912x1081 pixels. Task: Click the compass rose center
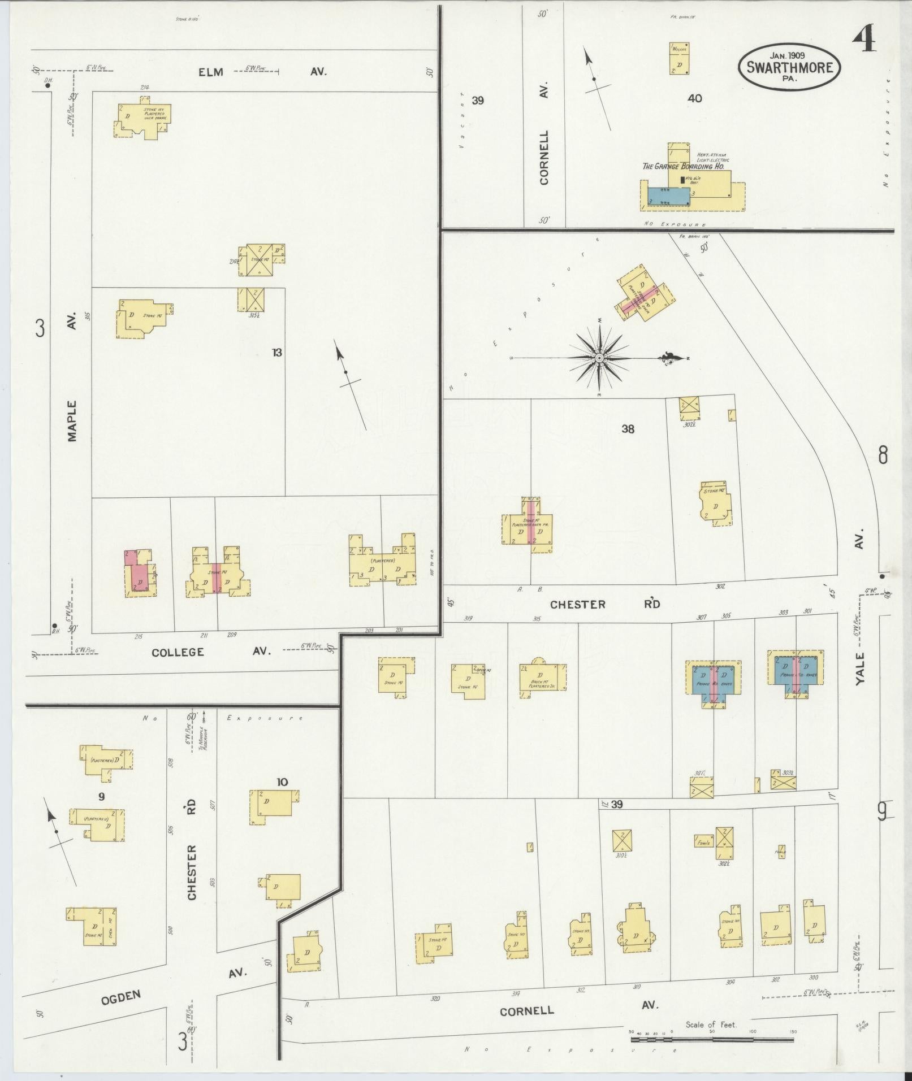(x=599, y=358)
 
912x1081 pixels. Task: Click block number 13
(x=276, y=353)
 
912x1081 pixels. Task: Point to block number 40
(x=694, y=98)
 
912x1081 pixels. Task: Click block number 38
(x=628, y=429)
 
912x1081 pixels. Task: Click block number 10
(x=282, y=782)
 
